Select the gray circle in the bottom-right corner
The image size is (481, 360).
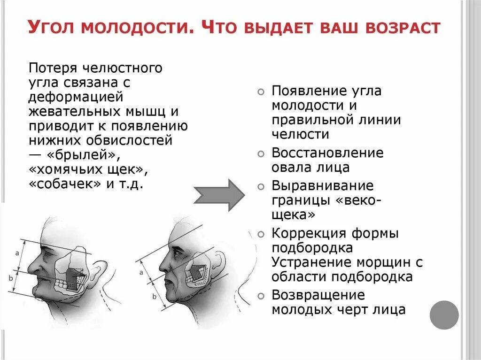pos(444,314)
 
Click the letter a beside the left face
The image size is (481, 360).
pos(17,253)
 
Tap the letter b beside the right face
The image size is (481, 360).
pos(154,297)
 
